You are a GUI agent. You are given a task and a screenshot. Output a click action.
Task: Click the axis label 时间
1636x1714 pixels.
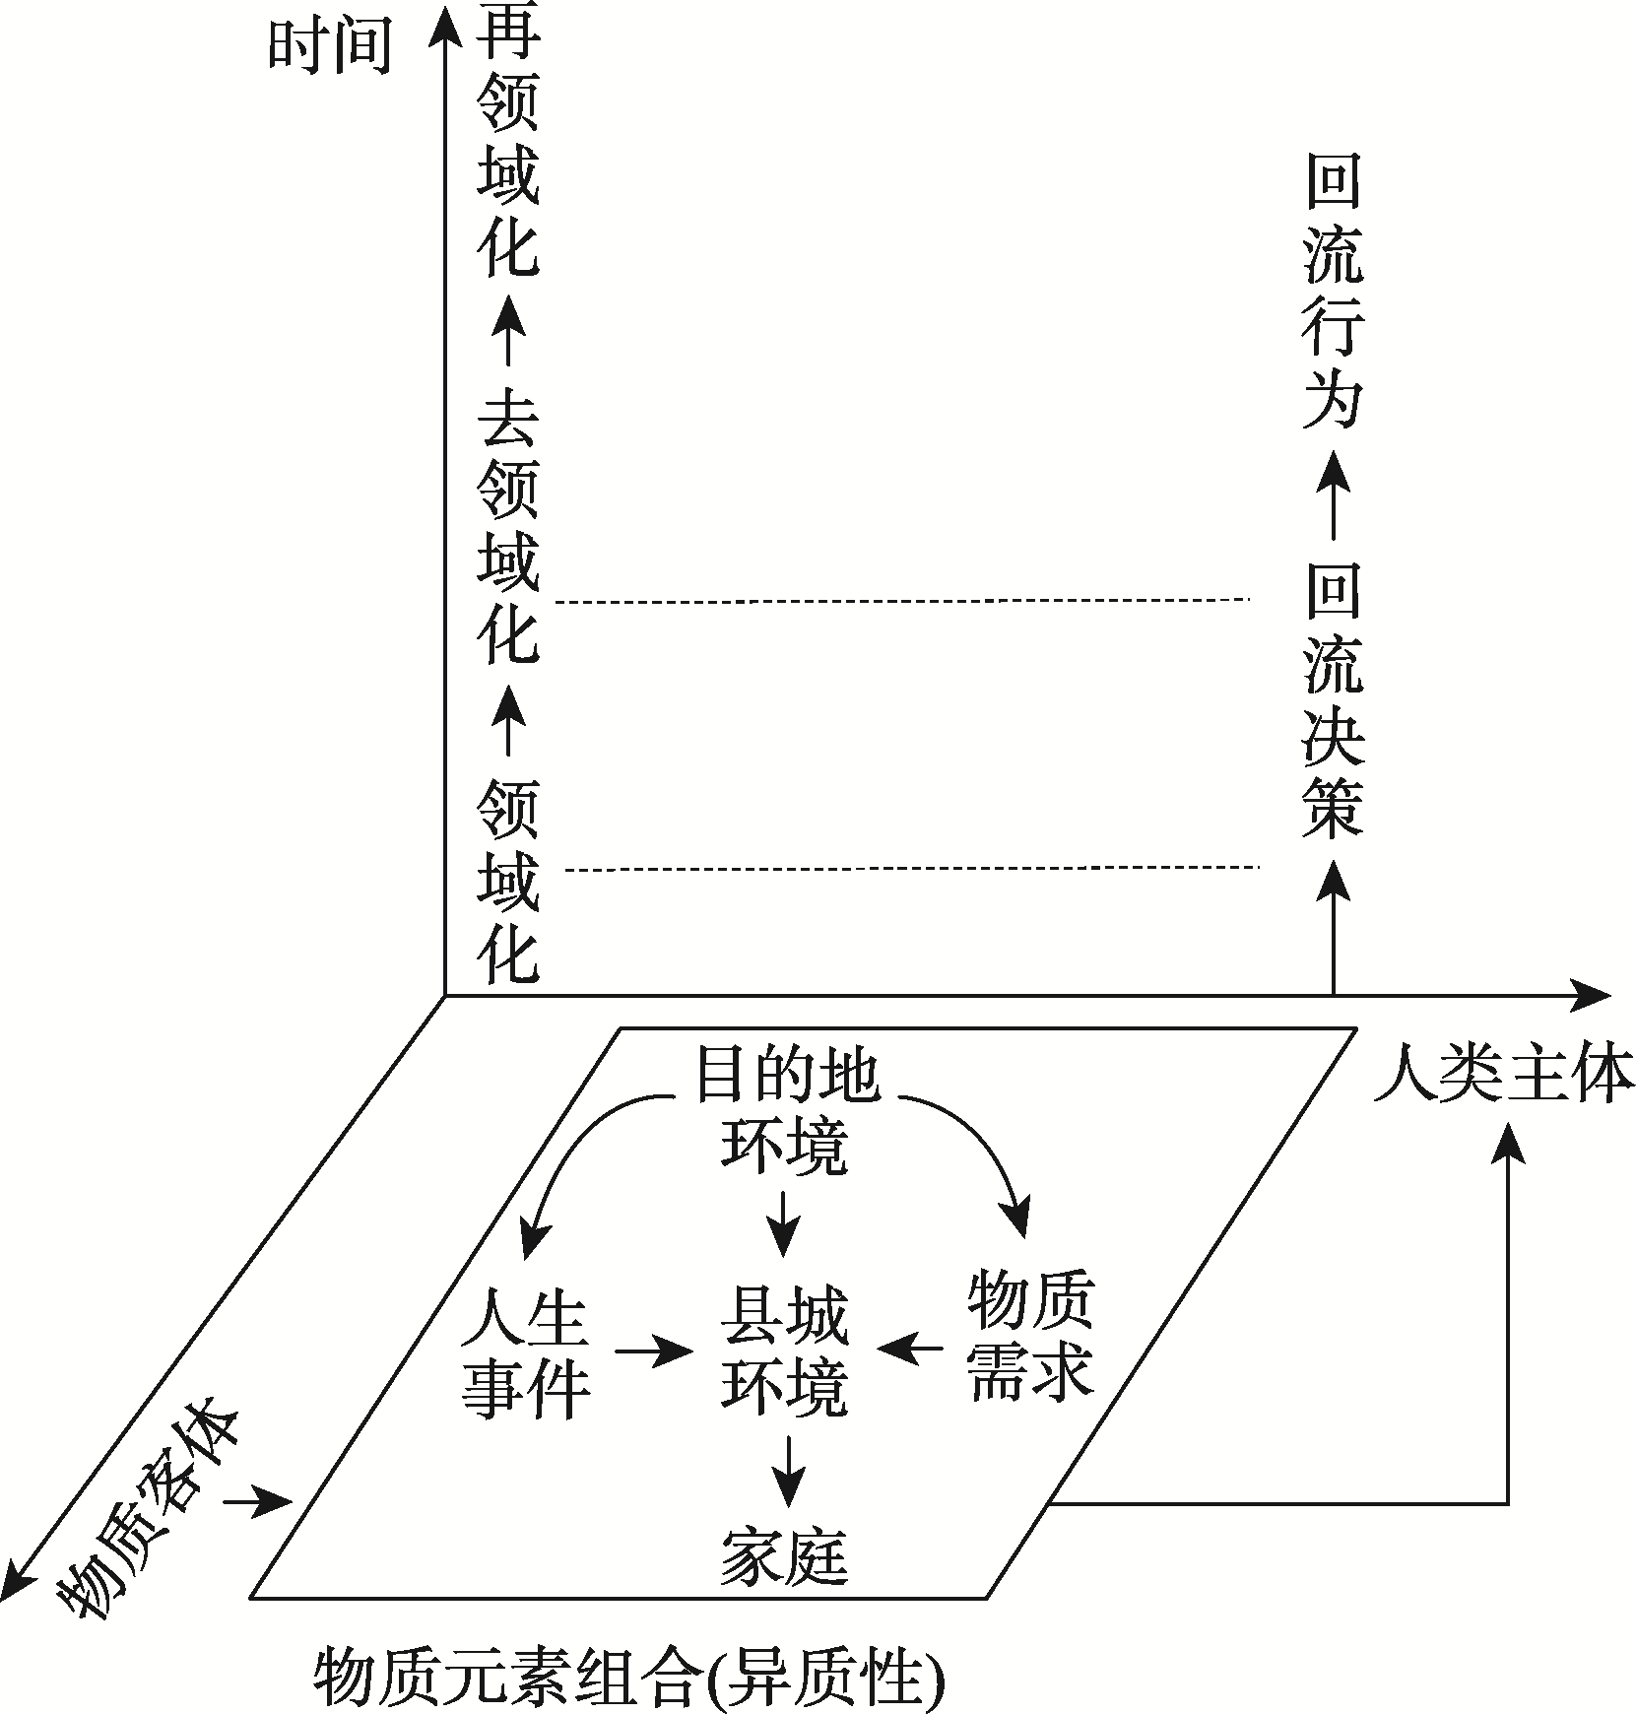coord(329,46)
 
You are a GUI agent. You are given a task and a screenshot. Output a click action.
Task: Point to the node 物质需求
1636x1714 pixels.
coord(1029,1336)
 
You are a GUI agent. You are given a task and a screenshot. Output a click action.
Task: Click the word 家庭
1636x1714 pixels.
coord(784,1556)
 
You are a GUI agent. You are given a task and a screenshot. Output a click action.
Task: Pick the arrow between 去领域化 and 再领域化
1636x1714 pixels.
coord(507,330)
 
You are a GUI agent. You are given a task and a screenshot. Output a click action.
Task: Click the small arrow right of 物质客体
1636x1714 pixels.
coord(258,1503)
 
